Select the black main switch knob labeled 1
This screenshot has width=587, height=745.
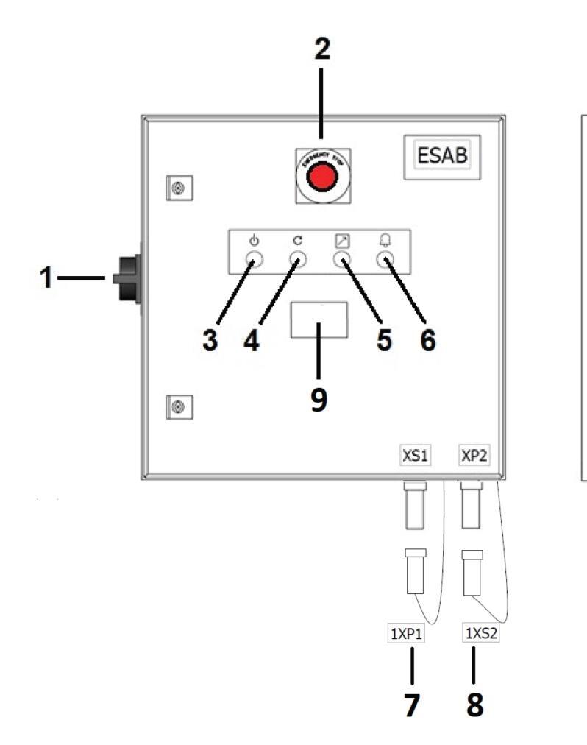coord(127,280)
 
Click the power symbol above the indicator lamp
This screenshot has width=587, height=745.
coord(254,240)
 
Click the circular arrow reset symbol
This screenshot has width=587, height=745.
coord(297,240)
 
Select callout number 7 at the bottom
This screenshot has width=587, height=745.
coord(411,705)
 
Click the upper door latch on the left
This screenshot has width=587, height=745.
coord(177,187)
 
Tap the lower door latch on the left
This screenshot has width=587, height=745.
coord(177,404)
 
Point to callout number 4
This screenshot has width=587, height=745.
coord(252,342)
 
